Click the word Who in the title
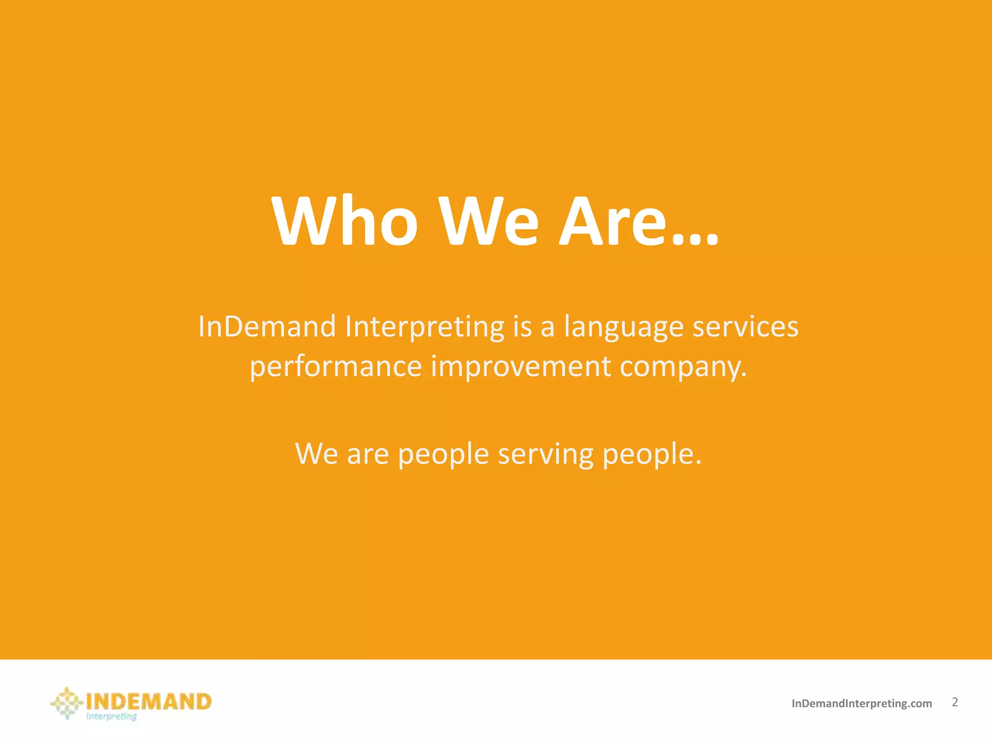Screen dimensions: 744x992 (x=345, y=222)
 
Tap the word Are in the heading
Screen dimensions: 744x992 (x=612, y=222)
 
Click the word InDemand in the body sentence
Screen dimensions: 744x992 (x=267, y=326)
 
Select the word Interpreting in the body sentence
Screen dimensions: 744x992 (x=425, y=327)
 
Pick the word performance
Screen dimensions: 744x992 (x=336, y=367)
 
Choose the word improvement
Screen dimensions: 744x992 (x=521, y=367)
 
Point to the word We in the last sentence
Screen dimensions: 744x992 (x=316, y=454)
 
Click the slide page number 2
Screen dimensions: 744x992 (x=955, y=702)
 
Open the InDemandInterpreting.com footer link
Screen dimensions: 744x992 (x=861, y=704)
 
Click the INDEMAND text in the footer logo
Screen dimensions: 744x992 (x=148, y=701)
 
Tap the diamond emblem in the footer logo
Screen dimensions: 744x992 (x=67, y=703)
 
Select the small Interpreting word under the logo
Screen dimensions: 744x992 (x=111, y=716)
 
